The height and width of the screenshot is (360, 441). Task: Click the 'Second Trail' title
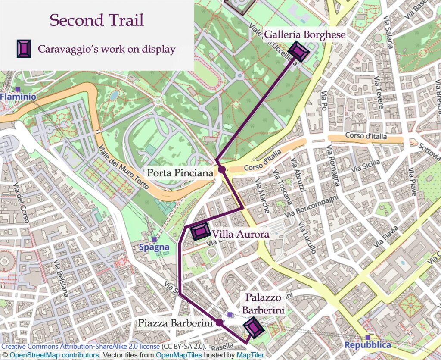pos(96,20)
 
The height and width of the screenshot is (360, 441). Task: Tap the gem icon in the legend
pos(24,49)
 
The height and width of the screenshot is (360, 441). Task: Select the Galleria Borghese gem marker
pos(298,51)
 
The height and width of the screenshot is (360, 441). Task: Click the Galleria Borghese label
pos(304,34)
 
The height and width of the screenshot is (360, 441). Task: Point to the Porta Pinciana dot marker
pos(222,169)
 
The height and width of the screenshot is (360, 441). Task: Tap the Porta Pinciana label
pos(180,173)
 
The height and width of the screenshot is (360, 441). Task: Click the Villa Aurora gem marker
pos(200,232)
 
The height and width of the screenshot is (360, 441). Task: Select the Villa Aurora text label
pos(241,234)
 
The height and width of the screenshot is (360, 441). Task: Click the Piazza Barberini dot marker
pos(219,322)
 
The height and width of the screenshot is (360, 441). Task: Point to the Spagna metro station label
pos(154,248)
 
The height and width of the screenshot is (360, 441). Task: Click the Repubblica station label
pos(368,345)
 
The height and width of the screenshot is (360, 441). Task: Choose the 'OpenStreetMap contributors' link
pos(54,355)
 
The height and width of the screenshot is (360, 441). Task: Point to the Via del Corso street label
pos(22,203)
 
